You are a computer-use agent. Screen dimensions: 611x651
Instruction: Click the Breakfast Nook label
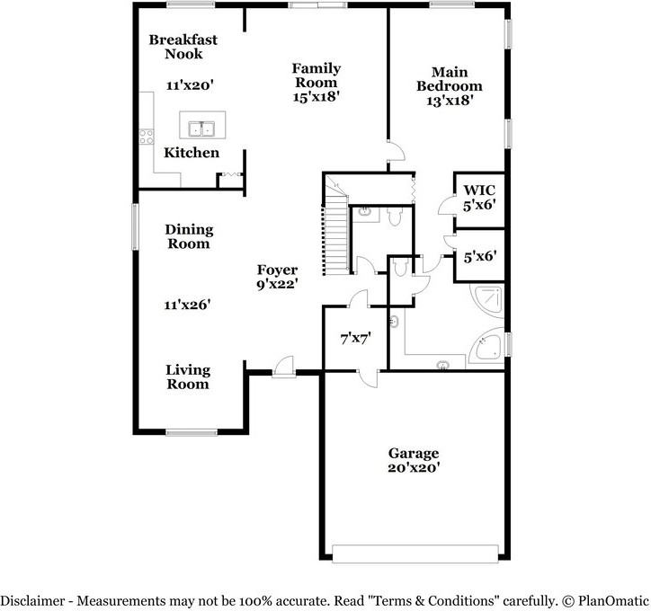[x=183, y=47]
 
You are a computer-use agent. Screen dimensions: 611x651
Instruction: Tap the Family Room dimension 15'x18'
[x=315, y=95]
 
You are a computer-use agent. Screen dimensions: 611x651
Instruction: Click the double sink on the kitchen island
[x=201, y=127]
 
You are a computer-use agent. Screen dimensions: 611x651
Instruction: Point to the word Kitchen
[x=191, y=153]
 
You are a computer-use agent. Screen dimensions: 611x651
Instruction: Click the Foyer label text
[x=277, y=270]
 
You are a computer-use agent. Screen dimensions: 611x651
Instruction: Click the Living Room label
[x=187, y=376]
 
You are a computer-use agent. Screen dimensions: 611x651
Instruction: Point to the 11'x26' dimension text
[x=187, y=305]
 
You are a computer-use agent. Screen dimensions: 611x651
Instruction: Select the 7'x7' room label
[x=355, y=339]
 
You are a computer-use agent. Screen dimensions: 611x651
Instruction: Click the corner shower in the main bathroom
[x=489, y=301]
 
